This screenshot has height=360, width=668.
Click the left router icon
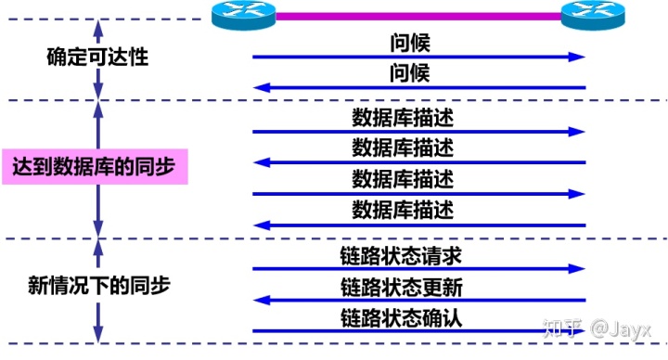point(242,16)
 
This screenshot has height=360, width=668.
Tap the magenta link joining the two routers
point(417,15)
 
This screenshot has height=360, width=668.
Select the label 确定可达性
point(97,57)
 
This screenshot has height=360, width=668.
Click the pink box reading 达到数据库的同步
point(95,167)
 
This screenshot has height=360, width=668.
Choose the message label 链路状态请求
point(402,255)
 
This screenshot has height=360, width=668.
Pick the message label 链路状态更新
point(402,287)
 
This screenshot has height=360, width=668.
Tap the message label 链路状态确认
point(402,317)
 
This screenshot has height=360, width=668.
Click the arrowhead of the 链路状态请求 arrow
point(579,269)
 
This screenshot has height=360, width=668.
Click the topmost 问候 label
point(410,43)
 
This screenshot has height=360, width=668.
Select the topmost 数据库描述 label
point(403,118)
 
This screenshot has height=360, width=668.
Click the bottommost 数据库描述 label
point(403,210)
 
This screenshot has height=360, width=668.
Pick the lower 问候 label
point(410,73)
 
